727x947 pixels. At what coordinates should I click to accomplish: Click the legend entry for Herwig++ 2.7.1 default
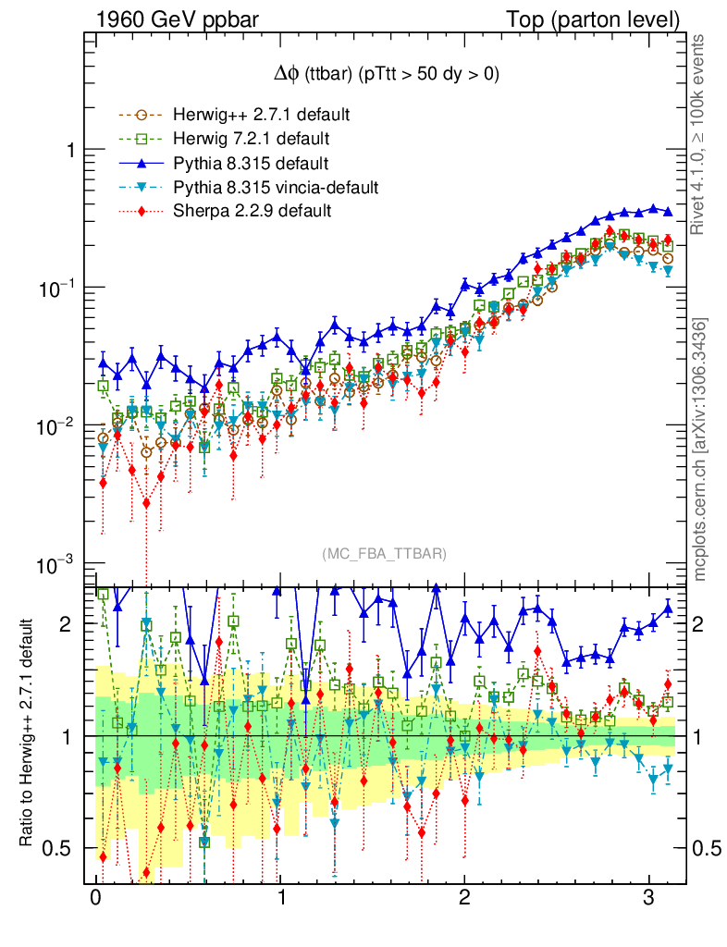261,116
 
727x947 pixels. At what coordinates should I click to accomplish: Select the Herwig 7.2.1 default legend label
252,140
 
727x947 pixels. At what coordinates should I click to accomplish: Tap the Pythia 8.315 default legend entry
250,164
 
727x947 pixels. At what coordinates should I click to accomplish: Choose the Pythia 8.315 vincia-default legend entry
276,188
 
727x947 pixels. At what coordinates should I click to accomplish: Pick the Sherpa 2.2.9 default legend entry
252,212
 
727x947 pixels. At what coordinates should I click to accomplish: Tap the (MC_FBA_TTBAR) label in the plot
385,554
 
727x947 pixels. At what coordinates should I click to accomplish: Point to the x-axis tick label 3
649,898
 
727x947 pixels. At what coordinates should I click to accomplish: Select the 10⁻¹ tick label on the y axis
56,288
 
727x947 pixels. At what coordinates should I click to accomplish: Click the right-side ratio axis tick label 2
700,624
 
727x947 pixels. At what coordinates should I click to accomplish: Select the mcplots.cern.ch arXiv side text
700,449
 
